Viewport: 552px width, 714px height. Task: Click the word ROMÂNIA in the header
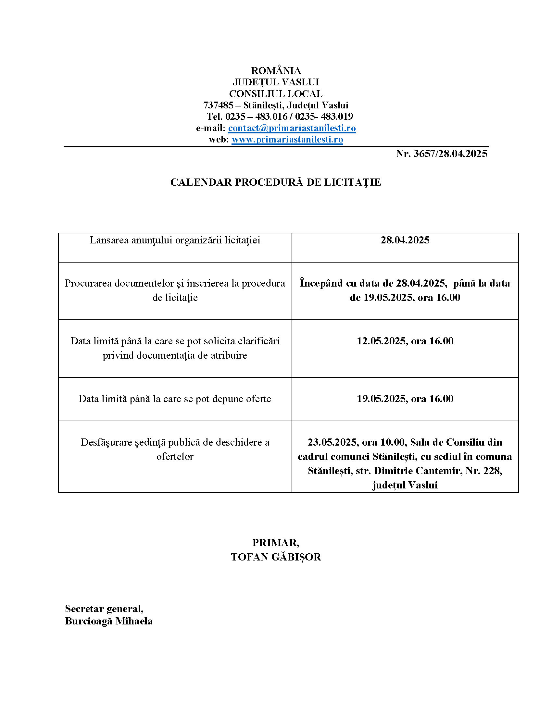(x=276, y=71)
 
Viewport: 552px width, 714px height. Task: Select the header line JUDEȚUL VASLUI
(x=276, y=82)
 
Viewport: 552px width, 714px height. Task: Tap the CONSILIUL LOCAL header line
(x=276, y=94)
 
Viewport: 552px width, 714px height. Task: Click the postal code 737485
(x=218, y=105)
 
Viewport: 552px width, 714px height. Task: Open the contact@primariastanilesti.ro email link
(x=292, y=128)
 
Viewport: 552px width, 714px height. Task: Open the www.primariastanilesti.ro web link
(x=287, y=140)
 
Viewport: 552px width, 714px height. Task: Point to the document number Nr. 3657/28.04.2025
(x=441, y=154)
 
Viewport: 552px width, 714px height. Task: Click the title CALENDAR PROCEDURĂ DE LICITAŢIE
(x=276, y=182)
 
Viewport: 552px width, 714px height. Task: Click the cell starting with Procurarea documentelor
(x=175, y=290)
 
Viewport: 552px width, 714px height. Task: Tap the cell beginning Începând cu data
(x=405, y=290)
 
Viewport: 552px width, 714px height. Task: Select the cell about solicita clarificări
(x=175, y=348)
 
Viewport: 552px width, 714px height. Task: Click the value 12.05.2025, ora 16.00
(x=405, y=341)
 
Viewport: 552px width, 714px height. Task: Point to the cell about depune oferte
(x=175, y=399)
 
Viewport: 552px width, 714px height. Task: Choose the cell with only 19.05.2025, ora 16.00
(x=405, y=399)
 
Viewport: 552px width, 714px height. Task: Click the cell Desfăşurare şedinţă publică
(x=175, y=449)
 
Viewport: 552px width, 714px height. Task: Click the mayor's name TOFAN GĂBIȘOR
(x=276, y=557)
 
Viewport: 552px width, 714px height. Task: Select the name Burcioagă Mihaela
(x=109, y=621)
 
